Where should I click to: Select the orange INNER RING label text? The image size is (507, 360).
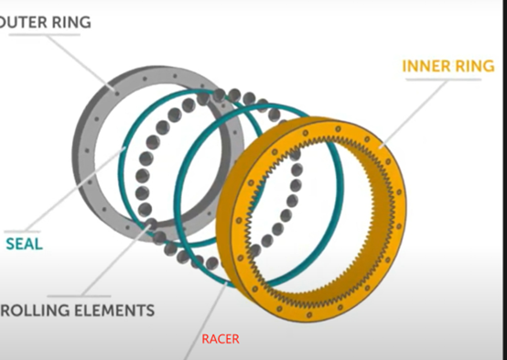[x=448, y=66]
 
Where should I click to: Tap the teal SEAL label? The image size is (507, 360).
[x=24, y=244]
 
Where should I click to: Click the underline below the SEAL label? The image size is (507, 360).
[x=27, y=229]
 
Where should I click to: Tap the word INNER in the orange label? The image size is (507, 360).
[x=426, y=66]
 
